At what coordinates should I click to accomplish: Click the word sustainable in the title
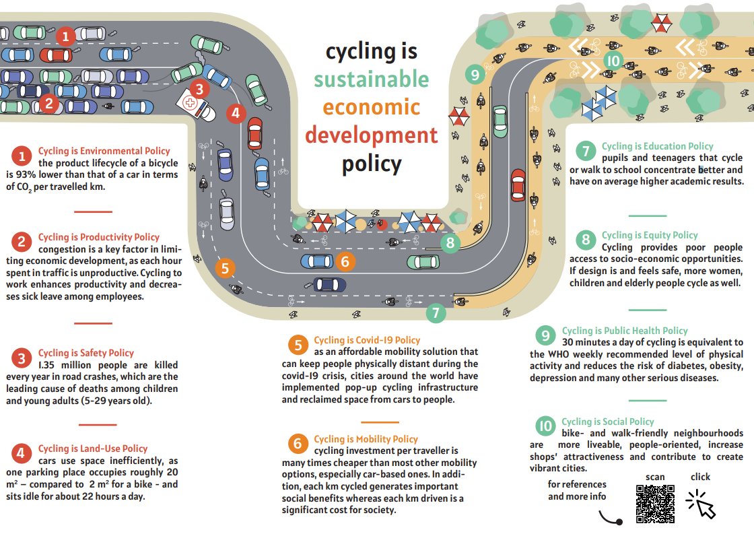click(x=371, y=79)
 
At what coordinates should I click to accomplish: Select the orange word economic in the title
click(x=371, y=107)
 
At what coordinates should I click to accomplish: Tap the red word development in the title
click(x=371, y=135)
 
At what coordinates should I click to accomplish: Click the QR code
click(x=655, y=503)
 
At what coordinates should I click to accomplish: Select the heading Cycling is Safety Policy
click(x=85, y=353)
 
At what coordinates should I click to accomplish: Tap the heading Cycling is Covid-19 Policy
click(x=366, y=340)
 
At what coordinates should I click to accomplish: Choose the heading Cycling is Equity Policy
click(x=649, y=235)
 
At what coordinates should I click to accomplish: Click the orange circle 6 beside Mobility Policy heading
click(x=297, y=444)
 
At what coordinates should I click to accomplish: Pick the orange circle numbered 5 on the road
click(x=225, y=268)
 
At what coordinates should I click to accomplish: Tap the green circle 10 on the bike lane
click(x=613, y=61)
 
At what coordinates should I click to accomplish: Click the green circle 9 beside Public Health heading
click(x=545, y=335)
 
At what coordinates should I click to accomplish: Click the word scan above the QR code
click(x=654, y=477)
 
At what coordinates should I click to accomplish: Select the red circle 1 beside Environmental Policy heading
click(x=22, y=156)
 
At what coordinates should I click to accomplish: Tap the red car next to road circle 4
click(x=255, y=133)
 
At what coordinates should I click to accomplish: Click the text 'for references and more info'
click(x=577, y=490)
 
